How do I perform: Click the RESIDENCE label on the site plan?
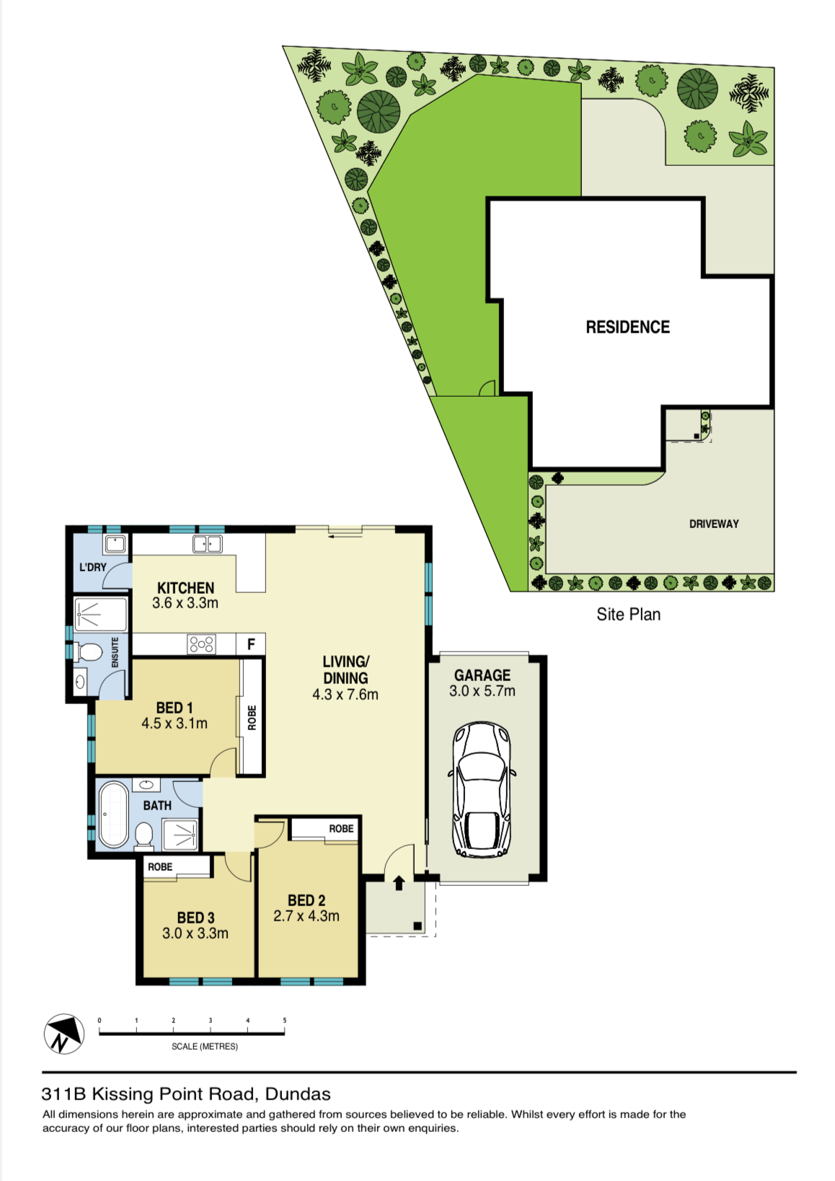pos(628,327)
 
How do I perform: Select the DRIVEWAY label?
pos(714,524)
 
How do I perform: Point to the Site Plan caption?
pos(629,614)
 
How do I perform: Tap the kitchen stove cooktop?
pos(202,644)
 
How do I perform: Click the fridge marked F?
pos(251,644)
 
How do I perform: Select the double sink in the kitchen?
pos(207,543)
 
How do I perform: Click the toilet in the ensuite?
pos(89,652)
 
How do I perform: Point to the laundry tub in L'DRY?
pos(115,543)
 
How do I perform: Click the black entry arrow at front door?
pos(399,882)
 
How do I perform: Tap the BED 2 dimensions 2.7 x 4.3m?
pos(306,916)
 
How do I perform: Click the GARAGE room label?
pos(482,675)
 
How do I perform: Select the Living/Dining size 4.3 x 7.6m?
pos(345,694)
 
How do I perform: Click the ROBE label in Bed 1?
pos(252,718)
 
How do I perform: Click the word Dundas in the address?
pos(299,1094)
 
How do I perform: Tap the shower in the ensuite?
pos(101,614)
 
